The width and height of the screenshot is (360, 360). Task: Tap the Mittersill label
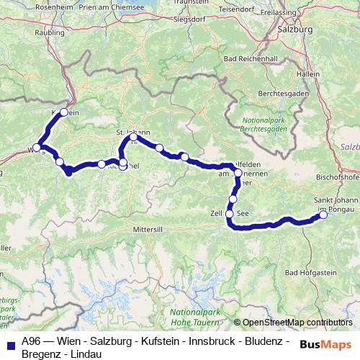tap(148, 209)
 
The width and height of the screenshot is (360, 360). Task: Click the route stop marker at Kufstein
tap(64, 112)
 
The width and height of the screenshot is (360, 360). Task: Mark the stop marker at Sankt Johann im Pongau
tap(323, 215)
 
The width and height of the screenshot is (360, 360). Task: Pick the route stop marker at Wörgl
tap(40, 148)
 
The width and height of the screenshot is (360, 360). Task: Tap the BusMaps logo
tap(325, 344)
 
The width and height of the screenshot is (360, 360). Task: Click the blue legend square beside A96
tap(10, 345)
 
